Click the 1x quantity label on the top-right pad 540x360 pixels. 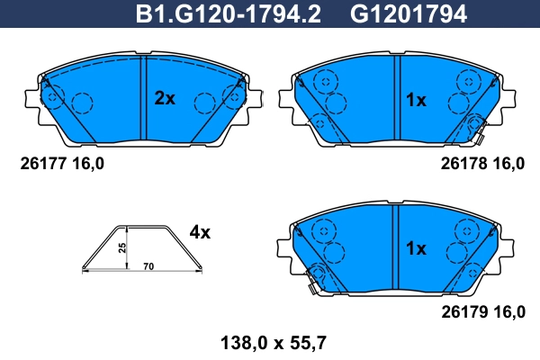pos(415,100)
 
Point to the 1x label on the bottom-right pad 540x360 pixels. pos(415,247)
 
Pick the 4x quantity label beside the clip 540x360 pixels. pos(199,232)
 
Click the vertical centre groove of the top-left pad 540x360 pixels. pos(143,99)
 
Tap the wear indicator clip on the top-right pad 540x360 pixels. pos(478,130)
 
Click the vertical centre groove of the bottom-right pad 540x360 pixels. pos(394,247)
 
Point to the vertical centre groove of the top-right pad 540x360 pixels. pos(394,99)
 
